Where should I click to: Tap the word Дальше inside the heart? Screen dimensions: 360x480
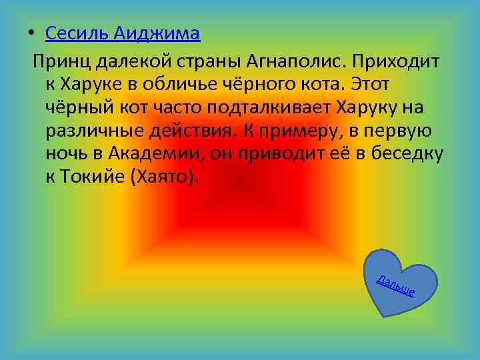(x=396, y=285)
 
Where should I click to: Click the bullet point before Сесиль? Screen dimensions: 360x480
(x=31, y=33)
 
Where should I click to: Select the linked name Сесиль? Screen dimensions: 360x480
(x=77, y=33)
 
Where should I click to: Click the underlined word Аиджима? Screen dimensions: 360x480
(x=157, y=33)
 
